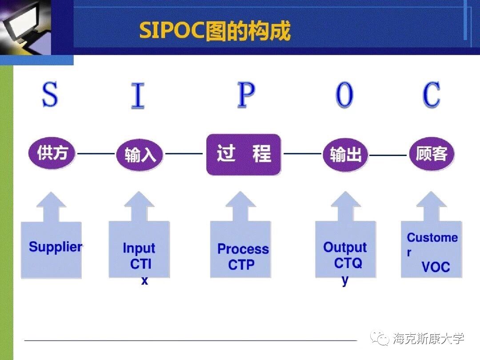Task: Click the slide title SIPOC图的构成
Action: pyautogui.click(x=215, y=31)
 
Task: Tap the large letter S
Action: pyautogui.click(x=50, y=95)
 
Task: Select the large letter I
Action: pyautogui.click(x=138, y=96)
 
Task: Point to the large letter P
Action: pyautogui.click(x=246, y=95)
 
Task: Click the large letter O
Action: pyautogui.click(x=344, y=95)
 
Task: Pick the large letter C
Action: pyautogui.click(x=431, y=95)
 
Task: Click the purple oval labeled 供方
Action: pyautogui.click(x=52, y=154)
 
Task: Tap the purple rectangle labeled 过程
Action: pyautogui.click(x=244, y=154)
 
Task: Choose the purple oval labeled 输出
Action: pyautogui.click(x=345, y=155)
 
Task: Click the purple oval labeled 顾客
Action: pyautogui.click(x=432, y=154)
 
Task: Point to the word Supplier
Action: pyautogui.click(x=56, y=247)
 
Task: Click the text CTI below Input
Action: pyautogui.click(x=141, y=264)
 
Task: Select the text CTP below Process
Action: pyautogui.click(x=241, y=265)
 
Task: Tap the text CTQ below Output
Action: pyautogui.click(x=348, y=263)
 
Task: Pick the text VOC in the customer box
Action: pyautogui.click(x=436, y=267)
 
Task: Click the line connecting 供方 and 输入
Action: pyautogui.click(x=96, y=154)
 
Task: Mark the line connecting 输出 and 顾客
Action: pyautogui.click(x=388, y=155)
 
